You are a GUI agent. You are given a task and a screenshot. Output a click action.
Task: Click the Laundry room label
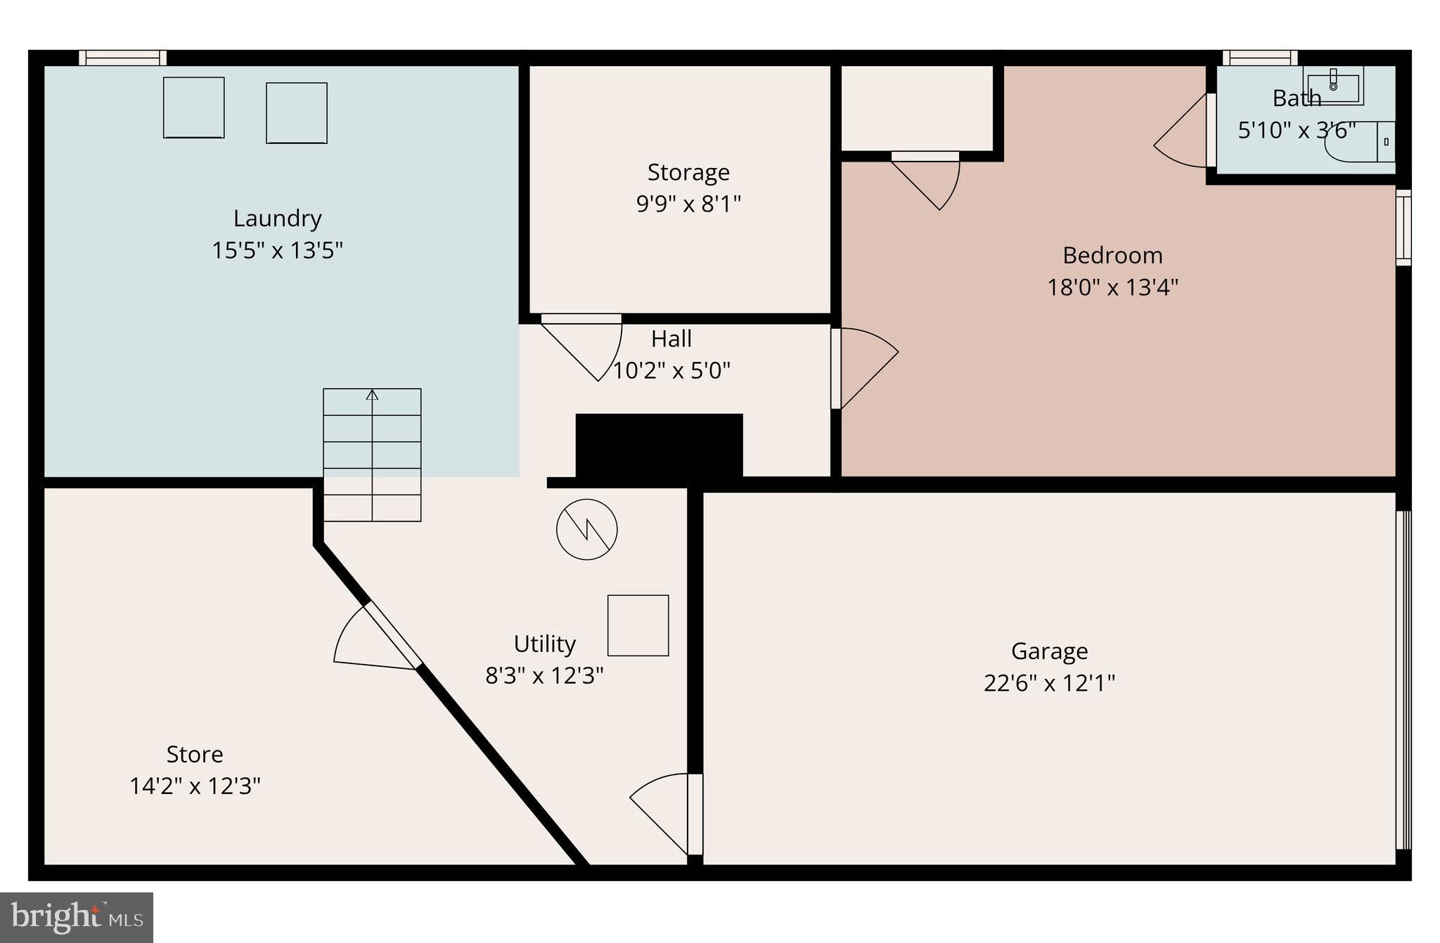tap(277, 219)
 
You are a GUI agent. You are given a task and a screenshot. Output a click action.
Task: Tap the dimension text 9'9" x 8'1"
tap(688, 204)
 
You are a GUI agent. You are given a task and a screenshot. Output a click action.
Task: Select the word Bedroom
tap(1112, 255)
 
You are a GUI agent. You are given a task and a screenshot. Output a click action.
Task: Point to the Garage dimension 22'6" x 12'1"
tap(1049, 683)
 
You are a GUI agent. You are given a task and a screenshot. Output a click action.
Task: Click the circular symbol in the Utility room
tap(586, 529)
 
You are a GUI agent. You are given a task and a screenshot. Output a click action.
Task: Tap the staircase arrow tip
tap(372, 394)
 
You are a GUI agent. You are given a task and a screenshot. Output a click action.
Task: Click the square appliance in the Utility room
tap(638, 625)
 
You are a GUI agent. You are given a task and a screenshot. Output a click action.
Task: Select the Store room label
tap(195, 754)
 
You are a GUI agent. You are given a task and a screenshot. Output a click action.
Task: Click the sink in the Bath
tap(1333, 87)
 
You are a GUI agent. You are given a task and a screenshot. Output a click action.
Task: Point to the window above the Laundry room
tap(122, 58)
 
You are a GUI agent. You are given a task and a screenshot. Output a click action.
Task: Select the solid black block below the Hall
tap(659, 446)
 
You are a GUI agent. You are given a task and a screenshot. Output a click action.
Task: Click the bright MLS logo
tap(77, 917)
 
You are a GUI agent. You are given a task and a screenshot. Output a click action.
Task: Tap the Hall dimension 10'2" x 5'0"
tap(671, 370)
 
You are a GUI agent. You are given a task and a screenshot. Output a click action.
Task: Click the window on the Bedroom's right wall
tap(1403, 227)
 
